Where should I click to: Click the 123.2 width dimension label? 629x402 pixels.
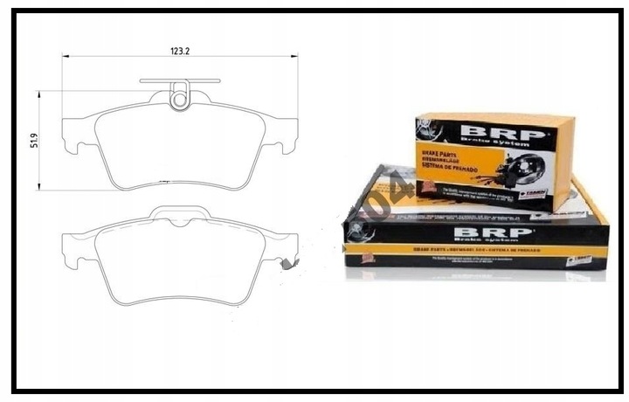point(180,52)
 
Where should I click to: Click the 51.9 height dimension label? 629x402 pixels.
point(34,140)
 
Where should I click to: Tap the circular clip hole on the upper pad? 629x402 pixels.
point(180,99)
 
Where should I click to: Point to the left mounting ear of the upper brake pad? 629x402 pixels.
point(74,139)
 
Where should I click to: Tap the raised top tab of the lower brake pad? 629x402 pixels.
point(180,214)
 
